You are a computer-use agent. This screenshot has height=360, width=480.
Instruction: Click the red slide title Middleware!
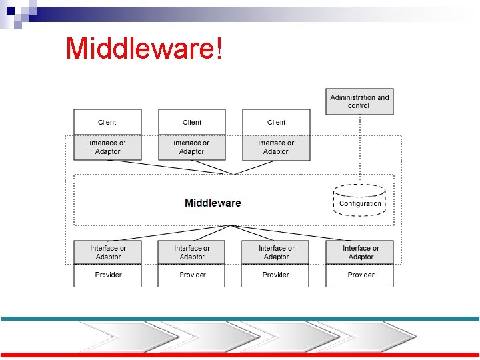(143, 48)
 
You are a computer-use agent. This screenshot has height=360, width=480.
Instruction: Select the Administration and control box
(359, 101)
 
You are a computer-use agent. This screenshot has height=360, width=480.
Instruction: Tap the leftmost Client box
(107, 122)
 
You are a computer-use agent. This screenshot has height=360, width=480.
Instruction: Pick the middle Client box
(192, 122)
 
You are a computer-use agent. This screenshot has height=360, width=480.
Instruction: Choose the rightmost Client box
(276, 122)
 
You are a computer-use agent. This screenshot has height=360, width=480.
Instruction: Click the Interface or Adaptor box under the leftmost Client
(107, 147)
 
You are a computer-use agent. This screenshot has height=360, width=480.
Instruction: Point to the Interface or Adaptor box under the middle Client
(192, 147)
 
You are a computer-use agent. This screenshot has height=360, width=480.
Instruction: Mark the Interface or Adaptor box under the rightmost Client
(276, 147)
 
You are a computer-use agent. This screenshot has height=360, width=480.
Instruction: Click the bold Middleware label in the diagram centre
(213, 203)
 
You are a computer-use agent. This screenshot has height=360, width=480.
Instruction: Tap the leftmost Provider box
(107, 275)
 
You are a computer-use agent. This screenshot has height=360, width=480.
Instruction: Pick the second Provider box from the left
(192, 275)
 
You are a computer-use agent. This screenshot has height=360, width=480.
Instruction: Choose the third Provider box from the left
(275, 275)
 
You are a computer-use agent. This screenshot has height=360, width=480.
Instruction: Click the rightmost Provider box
(360, 275)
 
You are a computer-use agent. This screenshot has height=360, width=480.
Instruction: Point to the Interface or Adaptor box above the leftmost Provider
(107, 253)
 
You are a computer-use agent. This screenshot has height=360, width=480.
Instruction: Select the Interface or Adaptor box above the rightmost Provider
(360, 253)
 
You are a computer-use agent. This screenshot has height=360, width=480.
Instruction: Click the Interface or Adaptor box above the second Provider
(192, 253)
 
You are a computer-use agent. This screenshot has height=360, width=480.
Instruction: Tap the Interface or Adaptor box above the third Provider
(275, 253)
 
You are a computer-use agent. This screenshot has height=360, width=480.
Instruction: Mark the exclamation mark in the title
(219, 48)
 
